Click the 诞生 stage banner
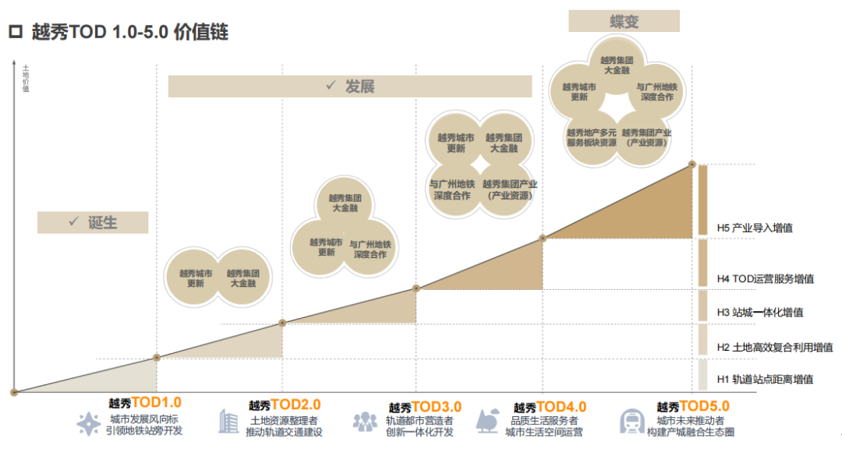click(93, 222)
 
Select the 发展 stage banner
click(349, 86)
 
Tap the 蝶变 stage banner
click(623, 21)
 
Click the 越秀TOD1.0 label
click(145, 403)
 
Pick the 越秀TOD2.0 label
click(285, 405)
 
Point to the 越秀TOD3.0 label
click(425, 406)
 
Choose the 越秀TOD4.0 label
click(550, 406)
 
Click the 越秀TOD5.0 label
click(693, 406)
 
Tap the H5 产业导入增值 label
click(755, 228)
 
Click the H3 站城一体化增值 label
click(760, 313)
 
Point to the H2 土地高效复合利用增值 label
click(775, 347)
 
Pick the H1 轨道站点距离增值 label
click(765, 379)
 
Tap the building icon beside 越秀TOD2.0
click(228, 422)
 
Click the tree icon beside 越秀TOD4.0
click(489, 420)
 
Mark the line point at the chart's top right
click(692, 164)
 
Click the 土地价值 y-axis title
click(27, 79)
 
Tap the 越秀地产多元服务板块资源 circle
click(592, 138)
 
